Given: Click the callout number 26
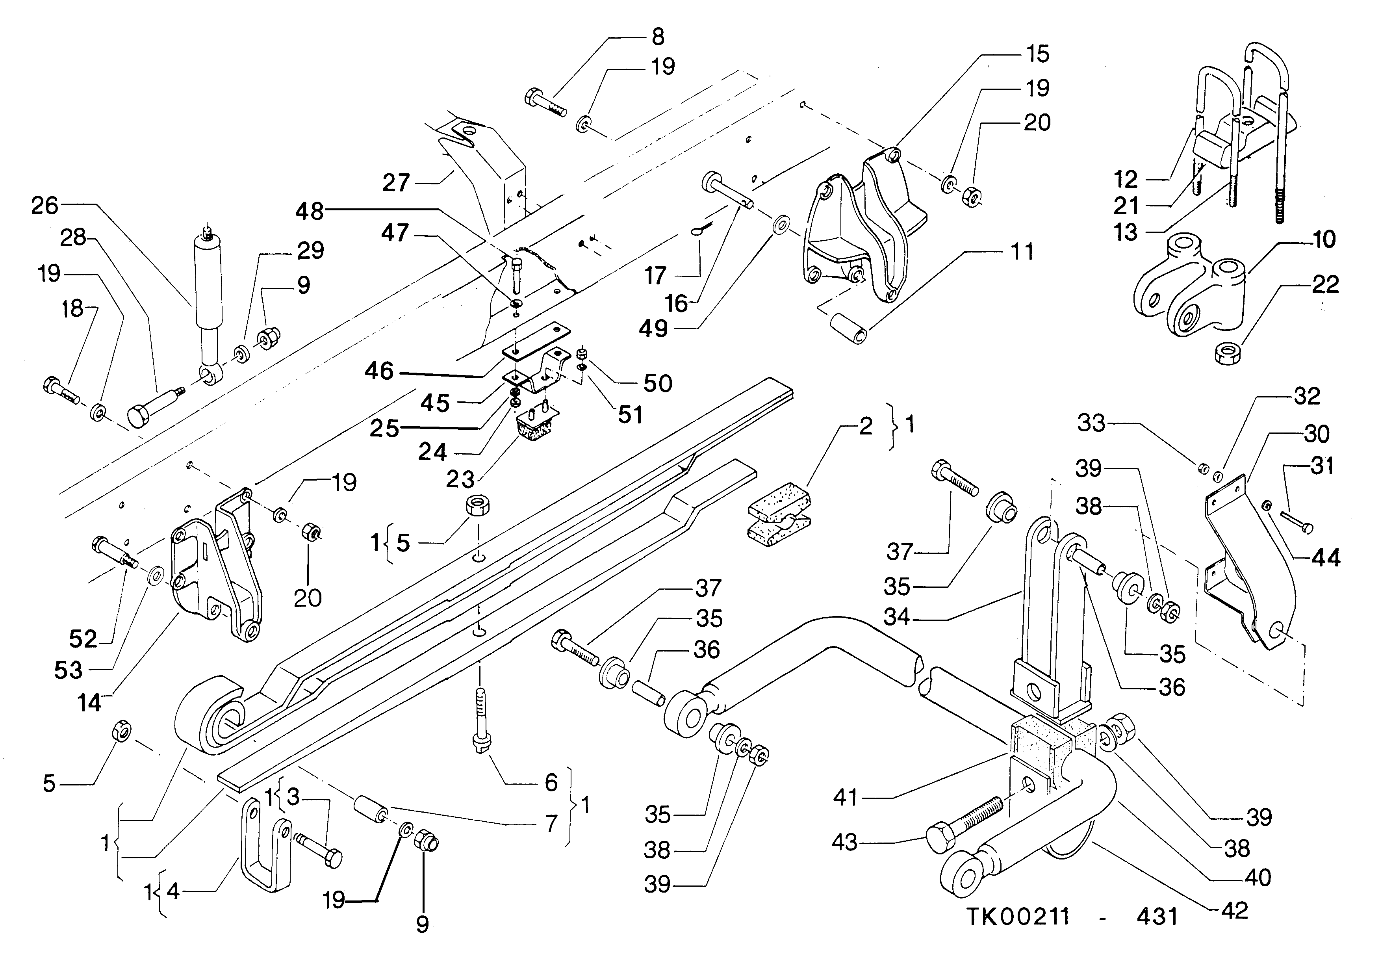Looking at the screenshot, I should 45,206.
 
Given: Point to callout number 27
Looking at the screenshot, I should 396,183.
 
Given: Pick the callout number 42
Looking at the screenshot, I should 1235,911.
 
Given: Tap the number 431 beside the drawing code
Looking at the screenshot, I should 1157,916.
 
